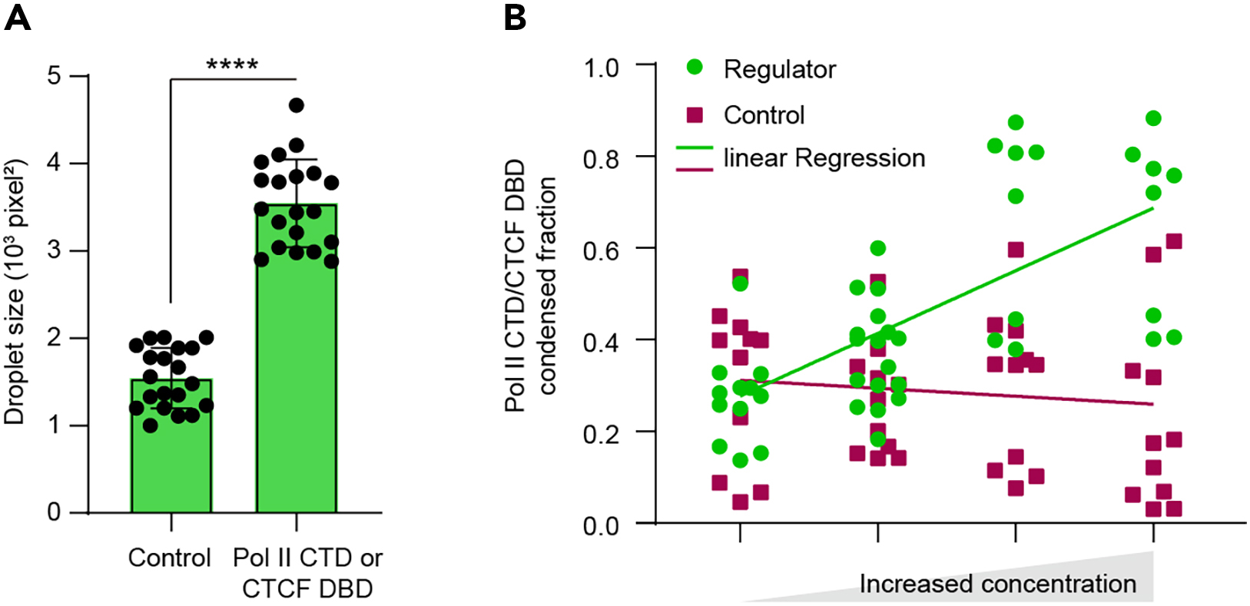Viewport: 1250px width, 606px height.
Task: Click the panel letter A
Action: pyautogui.click(x=18, y=17)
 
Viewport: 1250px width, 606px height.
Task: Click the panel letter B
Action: pyautogui.click(x=515, y=17)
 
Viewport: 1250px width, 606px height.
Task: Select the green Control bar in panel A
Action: pyautogui.click(x=171, y=461)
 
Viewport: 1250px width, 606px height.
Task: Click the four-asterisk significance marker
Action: pyautogui.click(x=232, y=65)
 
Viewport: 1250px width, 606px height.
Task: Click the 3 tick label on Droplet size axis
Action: pyautogui.click(x=54, y=251)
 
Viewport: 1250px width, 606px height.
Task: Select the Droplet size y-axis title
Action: pyautogui.click(x=15, y=292)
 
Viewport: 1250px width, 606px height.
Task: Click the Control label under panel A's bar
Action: pyautogui.click(x=169, y=558)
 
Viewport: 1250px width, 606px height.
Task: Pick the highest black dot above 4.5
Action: pyautogui.click(x=297, y=105)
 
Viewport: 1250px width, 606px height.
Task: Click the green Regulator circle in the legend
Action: pyautogui.click(x=695, y=68)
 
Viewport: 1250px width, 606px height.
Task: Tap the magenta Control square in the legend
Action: pyautogui.click(x=695, y=114)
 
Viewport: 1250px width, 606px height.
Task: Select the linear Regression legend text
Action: pyautogui.click(x=824, y=158)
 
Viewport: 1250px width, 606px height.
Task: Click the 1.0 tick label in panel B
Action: pyautogui.click(x=602, y=68)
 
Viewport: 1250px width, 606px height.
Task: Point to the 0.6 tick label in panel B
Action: pyautogui.click(x=602, y=250)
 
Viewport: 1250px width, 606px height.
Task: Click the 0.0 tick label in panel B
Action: pyautogui.click(x=602, y=526)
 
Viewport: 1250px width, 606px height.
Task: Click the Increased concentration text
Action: pyautogui.click(x=997, y=584)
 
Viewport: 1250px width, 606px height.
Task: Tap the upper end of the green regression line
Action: pyautogui.click(x=1152, y=208)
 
